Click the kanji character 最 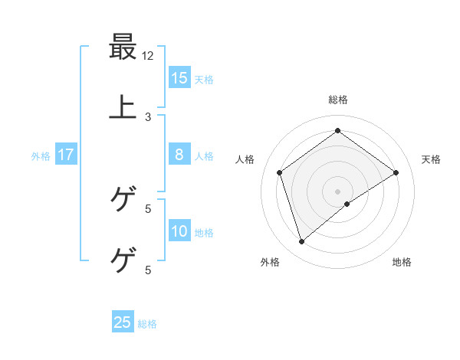point(123,47)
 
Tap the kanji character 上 point(123,107)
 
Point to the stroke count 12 point(148,56)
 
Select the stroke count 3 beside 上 point(148,116)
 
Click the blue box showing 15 point(179,77)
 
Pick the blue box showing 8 point(179,155)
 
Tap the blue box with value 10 point(179,231)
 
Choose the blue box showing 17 point(66,155)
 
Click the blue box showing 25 point(123,322)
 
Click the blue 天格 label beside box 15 point(204,79)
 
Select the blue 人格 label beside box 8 point(204,156)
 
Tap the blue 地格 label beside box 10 point(204,233)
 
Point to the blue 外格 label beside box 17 point(41,156)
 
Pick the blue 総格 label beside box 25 point(147,324)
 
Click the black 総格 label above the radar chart point(338,100)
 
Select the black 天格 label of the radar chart point(431,159)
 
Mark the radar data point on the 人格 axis point(280,172)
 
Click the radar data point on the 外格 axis point(301,242)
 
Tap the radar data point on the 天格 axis point(396,172)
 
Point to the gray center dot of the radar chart point(338,191)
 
